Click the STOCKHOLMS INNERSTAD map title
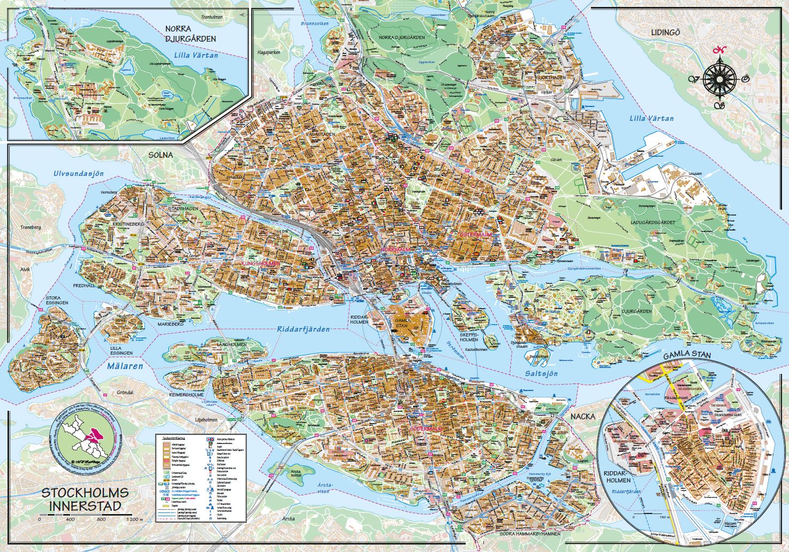pyautogui.click(x=85, y=499)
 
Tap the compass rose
pyautogui.click(x=718, y=79)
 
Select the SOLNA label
pyautogui.click(x=161, y=155)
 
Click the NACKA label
pyautogui.click(x=583, y=416)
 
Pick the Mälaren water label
pyautogui.click(x=125, y=366)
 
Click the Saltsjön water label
pyautogui.click(x=541, y=373)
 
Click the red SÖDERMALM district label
pyautogui.click(x=426, y=430)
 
